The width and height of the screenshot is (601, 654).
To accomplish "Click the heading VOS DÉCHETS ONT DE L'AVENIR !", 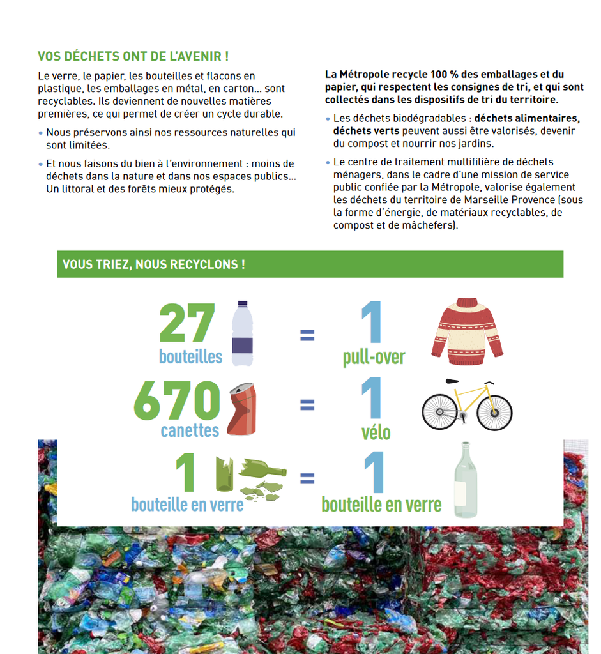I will pos(133,57).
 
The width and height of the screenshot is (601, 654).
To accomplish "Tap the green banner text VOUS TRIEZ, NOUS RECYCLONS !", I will pos(153,264).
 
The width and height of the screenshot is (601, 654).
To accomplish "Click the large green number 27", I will pos(187,324).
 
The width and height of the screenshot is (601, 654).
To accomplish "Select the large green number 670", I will pos(177,402).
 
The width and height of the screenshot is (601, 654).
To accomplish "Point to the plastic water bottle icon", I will pos(242,333).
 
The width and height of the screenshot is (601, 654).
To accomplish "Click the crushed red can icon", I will pos(241,409).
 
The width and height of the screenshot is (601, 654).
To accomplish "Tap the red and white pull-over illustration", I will pos(467,331).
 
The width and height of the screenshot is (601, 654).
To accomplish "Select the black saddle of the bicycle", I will pos(453,381).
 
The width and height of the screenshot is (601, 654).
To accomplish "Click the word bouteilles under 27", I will pos(190,356).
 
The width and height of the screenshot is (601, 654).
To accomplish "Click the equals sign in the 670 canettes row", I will pos(307,404).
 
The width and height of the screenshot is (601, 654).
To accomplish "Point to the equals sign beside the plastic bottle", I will pos(307,335).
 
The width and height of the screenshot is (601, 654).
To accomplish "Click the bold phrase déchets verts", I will pos(366,131).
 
